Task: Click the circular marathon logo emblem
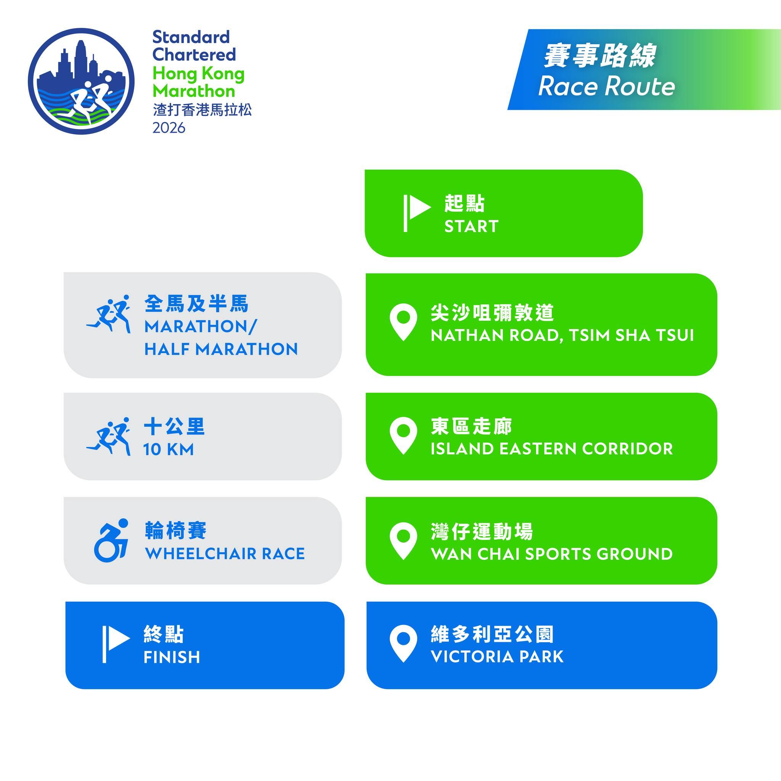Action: click(81, 81)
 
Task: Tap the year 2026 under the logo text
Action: click(169, 128)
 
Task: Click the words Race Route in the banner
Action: click(606, 86)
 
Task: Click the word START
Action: click(471, 227)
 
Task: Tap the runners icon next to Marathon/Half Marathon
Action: click(109, 314)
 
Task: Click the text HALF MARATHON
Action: click(221, 349)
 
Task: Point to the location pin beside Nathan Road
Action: click(403, 322)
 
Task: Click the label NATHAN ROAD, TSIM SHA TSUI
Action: click(562, 335)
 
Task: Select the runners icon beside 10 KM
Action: click(109, 437)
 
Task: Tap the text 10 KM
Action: click(169, 450)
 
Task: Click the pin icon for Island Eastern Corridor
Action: click(403, 435)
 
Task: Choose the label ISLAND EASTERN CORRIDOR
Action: click(551, 449)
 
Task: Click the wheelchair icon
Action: click(111, 540)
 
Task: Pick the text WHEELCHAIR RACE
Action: click(225, 553)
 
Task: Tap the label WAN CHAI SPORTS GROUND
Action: click(551, 554)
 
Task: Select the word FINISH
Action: click(172, 657)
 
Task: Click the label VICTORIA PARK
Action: click(497, 657)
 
